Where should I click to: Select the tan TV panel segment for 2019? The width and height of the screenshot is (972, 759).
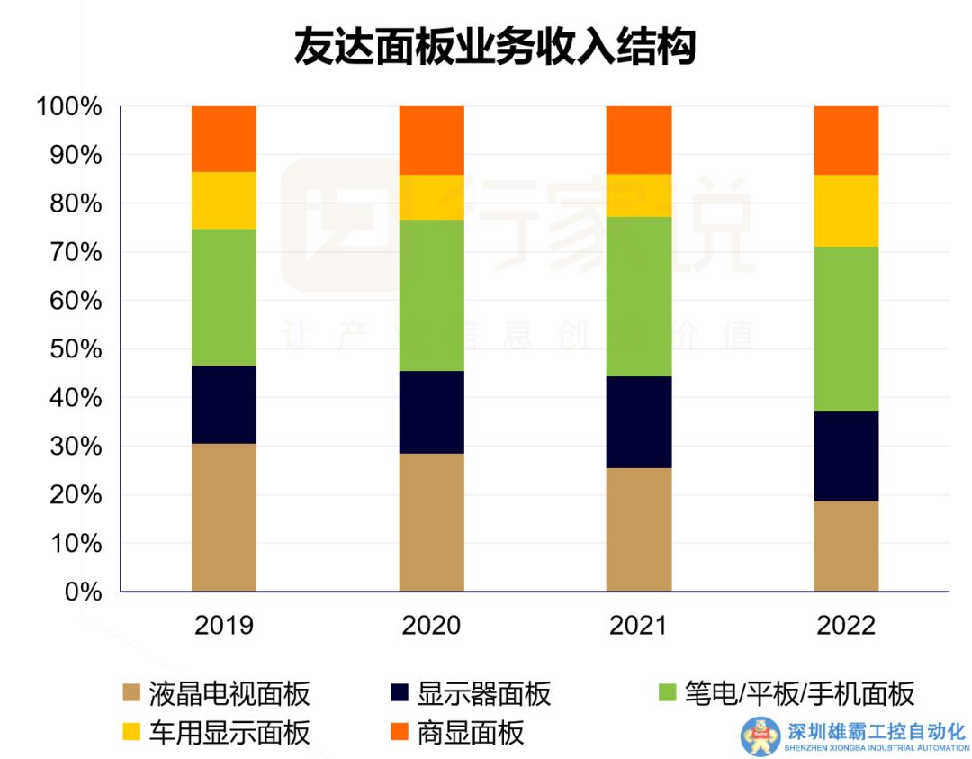(224, 518)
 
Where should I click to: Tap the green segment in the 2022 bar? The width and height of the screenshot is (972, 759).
(845, 329)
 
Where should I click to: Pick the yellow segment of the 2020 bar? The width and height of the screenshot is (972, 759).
(431, 197)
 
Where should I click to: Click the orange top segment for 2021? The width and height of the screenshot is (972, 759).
(638, 140)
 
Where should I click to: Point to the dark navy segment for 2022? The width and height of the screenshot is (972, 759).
(845, 456)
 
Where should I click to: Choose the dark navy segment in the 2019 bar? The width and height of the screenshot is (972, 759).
(224, 404)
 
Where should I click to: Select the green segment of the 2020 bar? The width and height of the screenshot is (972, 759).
(431, 295)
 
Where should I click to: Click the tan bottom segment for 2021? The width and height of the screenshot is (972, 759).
(638, 529)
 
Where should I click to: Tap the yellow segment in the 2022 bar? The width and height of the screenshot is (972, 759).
(845, 211)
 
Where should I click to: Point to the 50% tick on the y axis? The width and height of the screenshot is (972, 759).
(68, 349)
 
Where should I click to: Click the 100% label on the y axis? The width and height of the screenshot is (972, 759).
(68, 107)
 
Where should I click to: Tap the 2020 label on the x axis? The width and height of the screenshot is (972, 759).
(431, 626)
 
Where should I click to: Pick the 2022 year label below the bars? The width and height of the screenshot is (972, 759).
(845, 626)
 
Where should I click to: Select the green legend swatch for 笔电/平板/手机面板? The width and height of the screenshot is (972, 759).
(668, 694)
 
